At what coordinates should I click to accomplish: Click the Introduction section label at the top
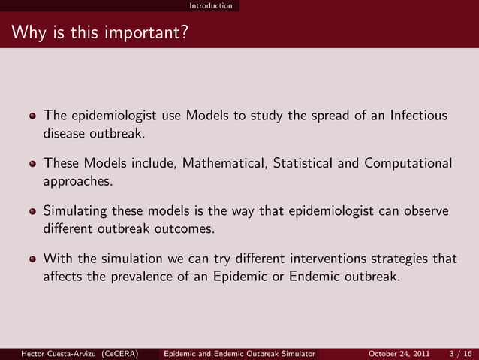210,5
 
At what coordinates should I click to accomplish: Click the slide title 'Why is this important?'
99,34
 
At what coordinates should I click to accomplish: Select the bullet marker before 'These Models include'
32,164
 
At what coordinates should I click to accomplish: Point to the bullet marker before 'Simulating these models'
32,212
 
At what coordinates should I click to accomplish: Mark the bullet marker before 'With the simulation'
32,259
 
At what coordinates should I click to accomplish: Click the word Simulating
76,211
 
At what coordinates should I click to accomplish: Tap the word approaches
77,182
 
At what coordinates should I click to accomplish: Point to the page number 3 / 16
459,353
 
